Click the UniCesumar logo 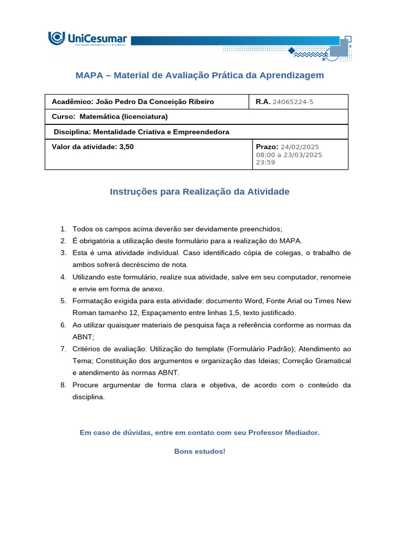tap(87, 40)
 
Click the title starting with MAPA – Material tap(199, 75)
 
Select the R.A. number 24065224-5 tap(293, 102)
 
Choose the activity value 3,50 tap(127, 147)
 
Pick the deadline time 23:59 tap(265, 162)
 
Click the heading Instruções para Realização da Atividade tap(199, 192)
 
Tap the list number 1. tap(63, 229)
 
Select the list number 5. tap(63, 301)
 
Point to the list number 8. tap(63, 385)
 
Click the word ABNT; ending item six tap(83, 337)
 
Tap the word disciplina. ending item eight tap(89, 397)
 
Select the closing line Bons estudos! tap(199, 451)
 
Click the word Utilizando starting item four tap(90, 277)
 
